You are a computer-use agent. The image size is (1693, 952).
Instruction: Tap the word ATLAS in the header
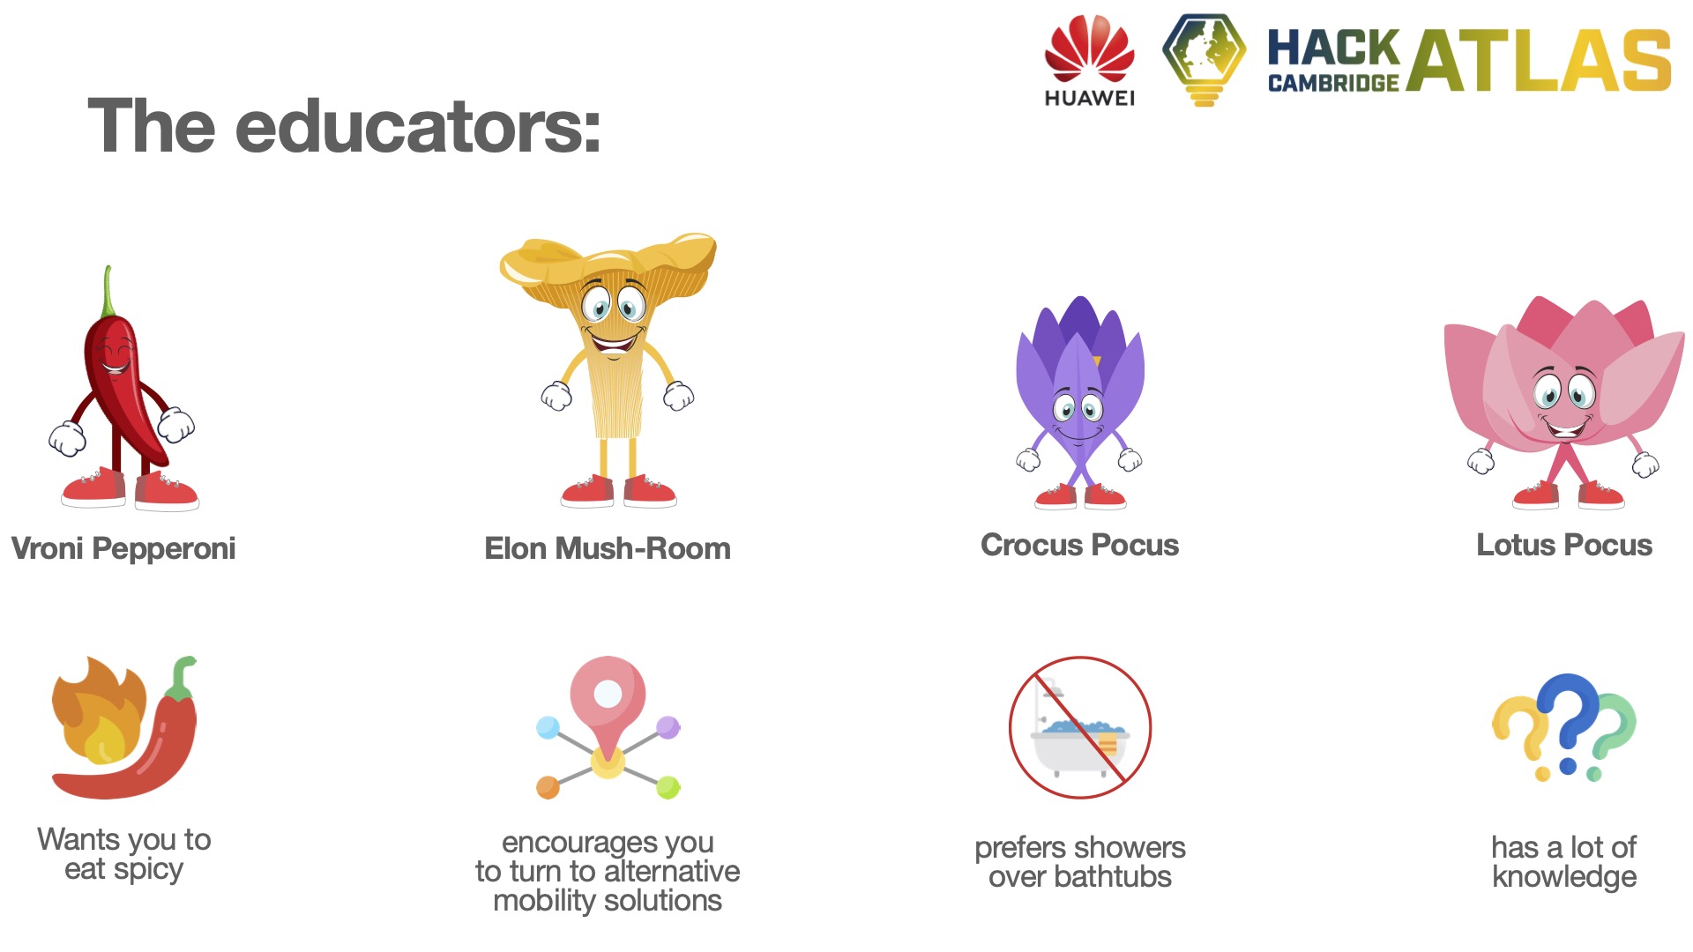click(1539, 60)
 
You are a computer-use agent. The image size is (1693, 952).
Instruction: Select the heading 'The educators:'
click(344, 125)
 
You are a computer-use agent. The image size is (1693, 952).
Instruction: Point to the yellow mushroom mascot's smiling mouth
click(614, 340)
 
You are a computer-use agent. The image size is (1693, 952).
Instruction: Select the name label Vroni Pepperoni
click(123, 548)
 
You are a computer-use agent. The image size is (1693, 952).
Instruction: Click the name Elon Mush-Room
click(608, 548)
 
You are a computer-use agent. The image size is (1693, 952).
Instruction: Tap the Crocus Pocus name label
click(1079, 545)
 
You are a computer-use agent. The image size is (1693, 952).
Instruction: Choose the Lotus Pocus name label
click(1564, 545)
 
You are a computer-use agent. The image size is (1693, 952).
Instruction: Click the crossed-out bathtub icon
click(1080, 728)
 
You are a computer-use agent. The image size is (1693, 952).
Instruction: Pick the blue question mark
click(1570, 718)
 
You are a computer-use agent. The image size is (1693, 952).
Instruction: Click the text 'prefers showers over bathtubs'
click(1080, 862)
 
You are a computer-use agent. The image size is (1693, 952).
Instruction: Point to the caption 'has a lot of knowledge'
click(1564, 862)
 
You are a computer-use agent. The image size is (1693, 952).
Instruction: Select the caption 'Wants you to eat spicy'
click(124, 854)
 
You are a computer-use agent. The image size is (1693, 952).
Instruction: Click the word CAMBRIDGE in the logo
click(1333, 83)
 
